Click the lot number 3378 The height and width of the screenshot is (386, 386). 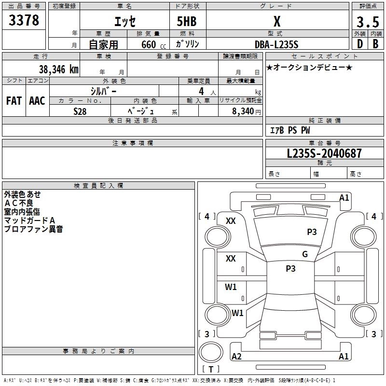24,21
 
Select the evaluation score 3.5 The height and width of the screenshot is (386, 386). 367,22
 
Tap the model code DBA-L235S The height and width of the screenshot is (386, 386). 276,44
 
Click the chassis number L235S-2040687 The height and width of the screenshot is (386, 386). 324,154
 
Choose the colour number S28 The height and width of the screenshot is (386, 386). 80,111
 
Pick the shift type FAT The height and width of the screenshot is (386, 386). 14,101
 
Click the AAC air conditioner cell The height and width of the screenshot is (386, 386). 37,101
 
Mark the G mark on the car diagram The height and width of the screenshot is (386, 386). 305,254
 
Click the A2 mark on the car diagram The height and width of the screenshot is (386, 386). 236,357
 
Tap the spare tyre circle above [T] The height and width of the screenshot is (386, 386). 210,352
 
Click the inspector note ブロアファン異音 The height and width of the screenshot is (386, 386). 33,229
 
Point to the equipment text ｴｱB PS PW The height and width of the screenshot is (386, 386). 289,130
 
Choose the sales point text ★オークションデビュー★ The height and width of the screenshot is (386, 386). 309,67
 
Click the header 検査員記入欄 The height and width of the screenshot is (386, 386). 98,185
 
